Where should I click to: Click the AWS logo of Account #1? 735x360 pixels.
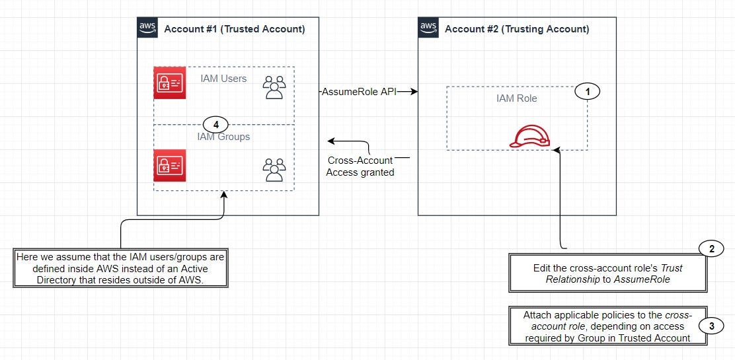click(147, 28)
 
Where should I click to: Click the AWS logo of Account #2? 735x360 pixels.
click(428, 28)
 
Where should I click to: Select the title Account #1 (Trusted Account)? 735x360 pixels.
click(234, 29)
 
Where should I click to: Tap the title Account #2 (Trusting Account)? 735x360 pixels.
click(517, 29)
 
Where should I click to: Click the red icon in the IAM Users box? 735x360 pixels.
click(169, 83)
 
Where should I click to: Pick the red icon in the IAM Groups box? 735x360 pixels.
click(169, 165)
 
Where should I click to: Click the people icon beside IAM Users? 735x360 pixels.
click(274, 87)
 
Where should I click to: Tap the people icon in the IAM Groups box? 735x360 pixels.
click(274, 169)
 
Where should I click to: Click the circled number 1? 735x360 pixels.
click(586, 92)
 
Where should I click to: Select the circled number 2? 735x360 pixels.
click(711, 248)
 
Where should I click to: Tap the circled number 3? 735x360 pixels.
click(711, 326)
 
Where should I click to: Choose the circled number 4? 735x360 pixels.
click(215, 124)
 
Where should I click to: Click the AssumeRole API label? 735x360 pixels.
click(359, 92)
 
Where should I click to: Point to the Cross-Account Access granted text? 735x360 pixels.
click(360, 166)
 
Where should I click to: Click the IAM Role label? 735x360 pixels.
click(516, 98)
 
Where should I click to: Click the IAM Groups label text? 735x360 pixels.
click(223, 137)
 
